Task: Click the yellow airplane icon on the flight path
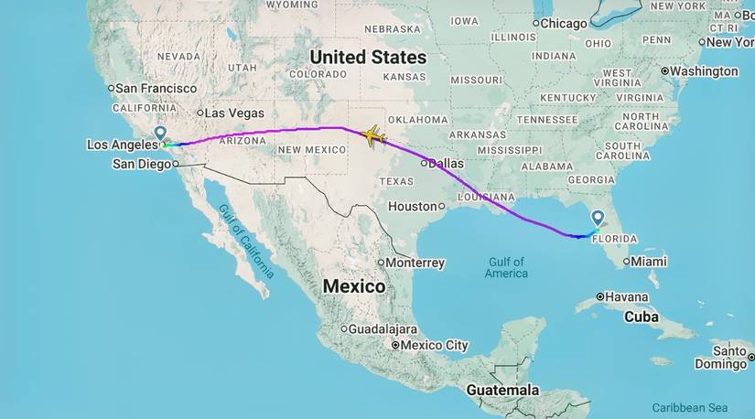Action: [x=372, y=136]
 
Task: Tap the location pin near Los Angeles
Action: [x=160, y=134]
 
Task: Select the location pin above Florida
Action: [x=598, y=218]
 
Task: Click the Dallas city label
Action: [x=445, y=163]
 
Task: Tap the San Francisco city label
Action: [x=156, y=88]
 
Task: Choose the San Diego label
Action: [x=141, y=164]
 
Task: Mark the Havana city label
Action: [x=627, y=296]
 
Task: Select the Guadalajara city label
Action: [x=383, y=328]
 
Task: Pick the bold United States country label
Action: [x=368, y=57]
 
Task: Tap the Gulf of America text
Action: [x=507, y=268]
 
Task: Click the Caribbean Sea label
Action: [x=689, y=407]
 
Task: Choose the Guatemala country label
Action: [x=502, y=390]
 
